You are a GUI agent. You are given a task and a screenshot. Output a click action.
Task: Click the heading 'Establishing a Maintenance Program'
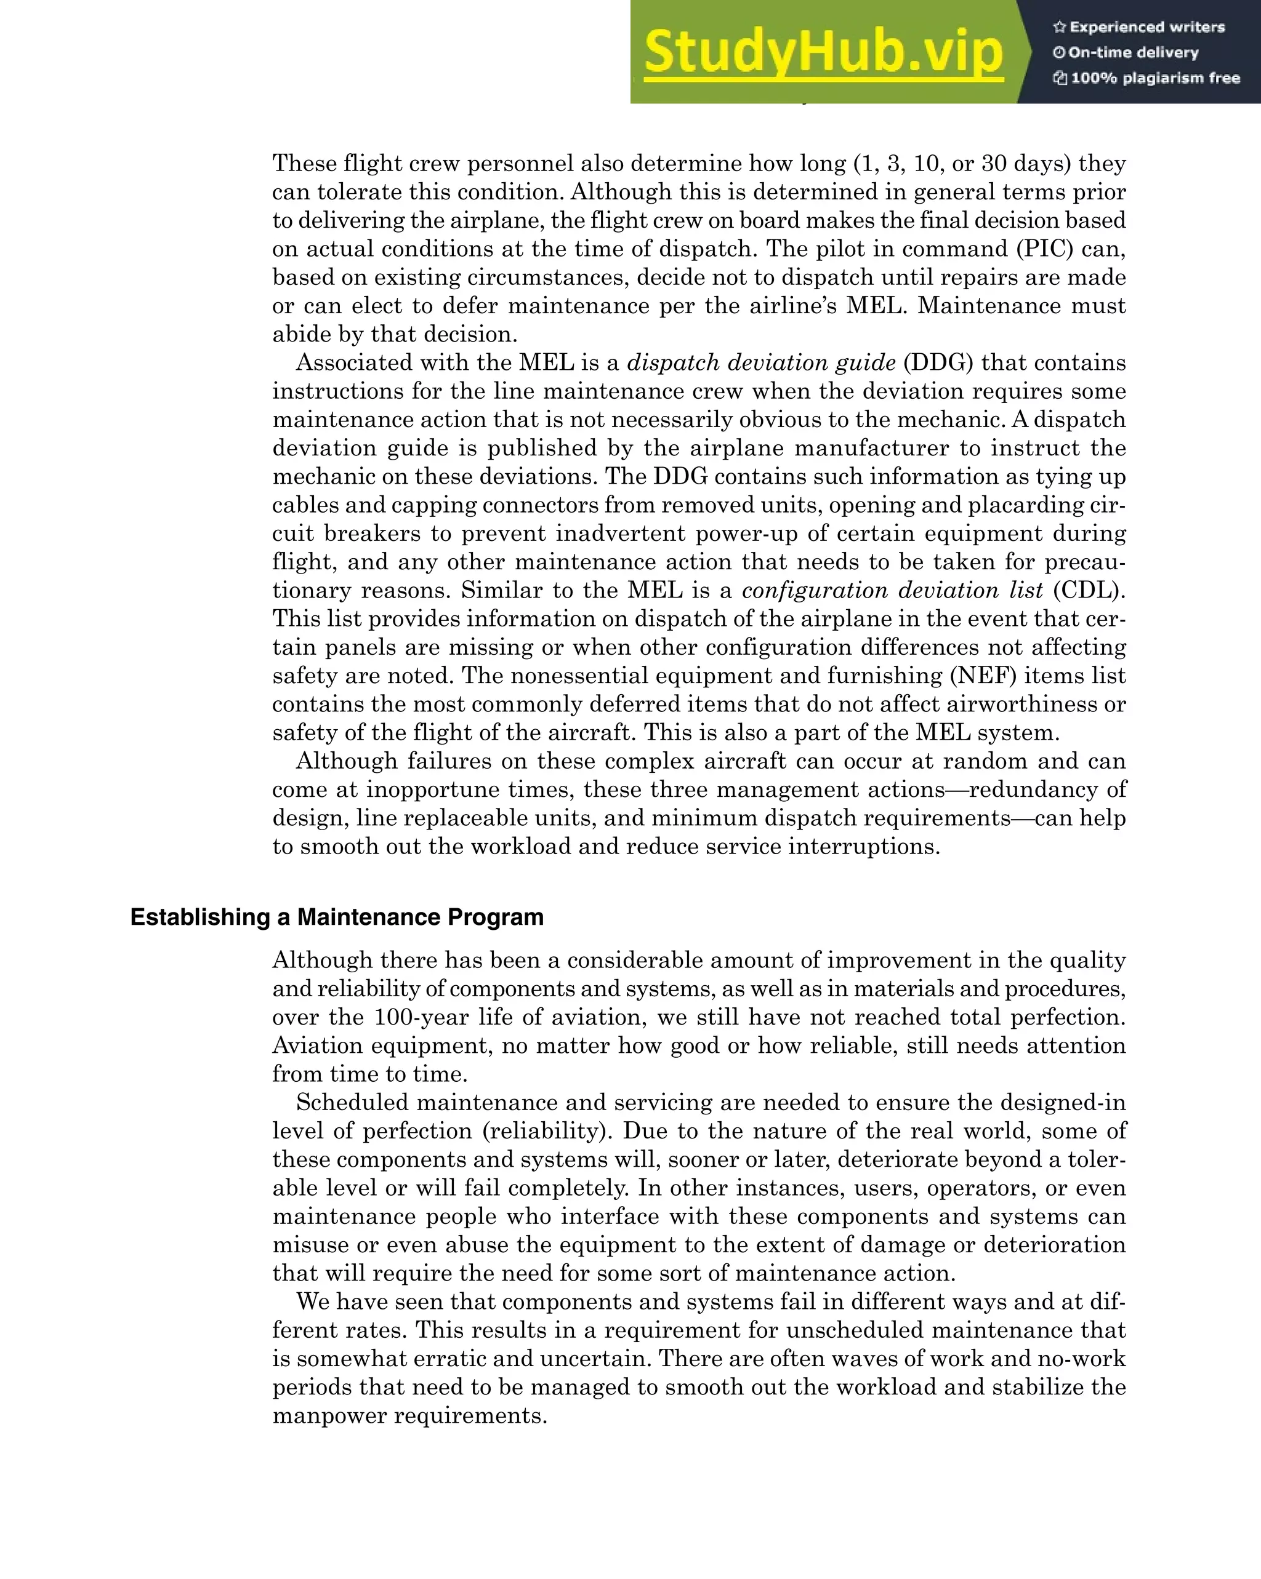(336, 917)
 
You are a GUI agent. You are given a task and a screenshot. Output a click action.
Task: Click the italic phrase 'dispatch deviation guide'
(761, 362)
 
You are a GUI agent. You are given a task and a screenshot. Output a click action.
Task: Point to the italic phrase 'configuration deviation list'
(892, 590)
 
